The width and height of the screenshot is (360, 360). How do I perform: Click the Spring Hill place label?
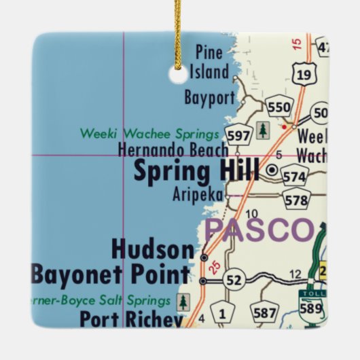[x=196, y=171]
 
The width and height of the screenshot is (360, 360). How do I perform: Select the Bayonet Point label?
[x=111, y=274]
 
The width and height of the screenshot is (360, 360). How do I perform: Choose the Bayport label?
[x=209, y=98]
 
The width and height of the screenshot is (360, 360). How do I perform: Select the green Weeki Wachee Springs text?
[x=149, y=132]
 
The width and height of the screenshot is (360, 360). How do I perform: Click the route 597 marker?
[x=238, y=135]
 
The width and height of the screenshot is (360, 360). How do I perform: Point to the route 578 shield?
[x=297, y=200]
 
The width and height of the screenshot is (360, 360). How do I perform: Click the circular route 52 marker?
[x=234, y=281]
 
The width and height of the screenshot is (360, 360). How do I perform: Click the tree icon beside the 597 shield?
[x=263, y=130]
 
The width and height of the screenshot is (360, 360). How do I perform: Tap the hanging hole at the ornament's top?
[x=179, y=75]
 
